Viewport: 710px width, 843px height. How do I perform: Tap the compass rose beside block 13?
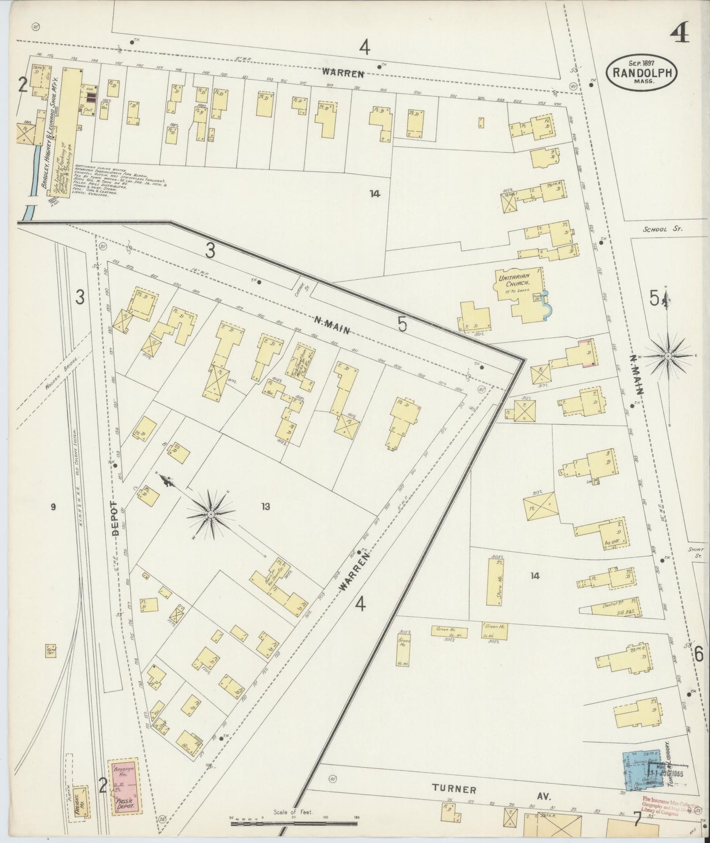(211, 514)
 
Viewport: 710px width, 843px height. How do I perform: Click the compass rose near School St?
(668, 355)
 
